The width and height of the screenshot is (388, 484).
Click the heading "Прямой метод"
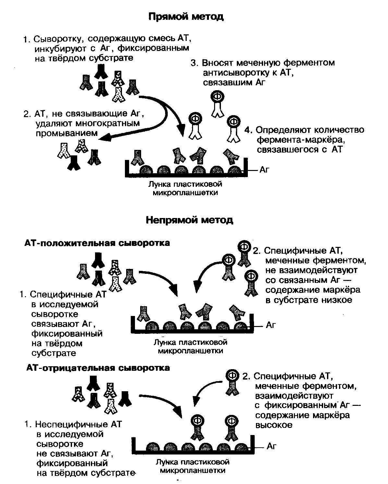pos(186,17)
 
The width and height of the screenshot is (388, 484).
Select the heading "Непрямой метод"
pos(189,220)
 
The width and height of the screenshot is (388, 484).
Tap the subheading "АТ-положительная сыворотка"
pos(97,243)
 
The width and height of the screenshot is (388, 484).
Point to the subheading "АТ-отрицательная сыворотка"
pos(98,368)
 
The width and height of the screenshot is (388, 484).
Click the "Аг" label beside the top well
pos(264,170)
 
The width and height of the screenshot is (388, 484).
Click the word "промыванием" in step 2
pos(67,133)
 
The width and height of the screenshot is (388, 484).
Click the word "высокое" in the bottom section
pos(274,425)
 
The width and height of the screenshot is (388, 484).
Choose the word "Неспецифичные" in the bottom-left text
pos(71,424)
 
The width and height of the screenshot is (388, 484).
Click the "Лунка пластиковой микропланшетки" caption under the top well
pos(185,188)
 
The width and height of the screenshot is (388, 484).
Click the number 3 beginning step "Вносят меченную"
pos(194,63)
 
